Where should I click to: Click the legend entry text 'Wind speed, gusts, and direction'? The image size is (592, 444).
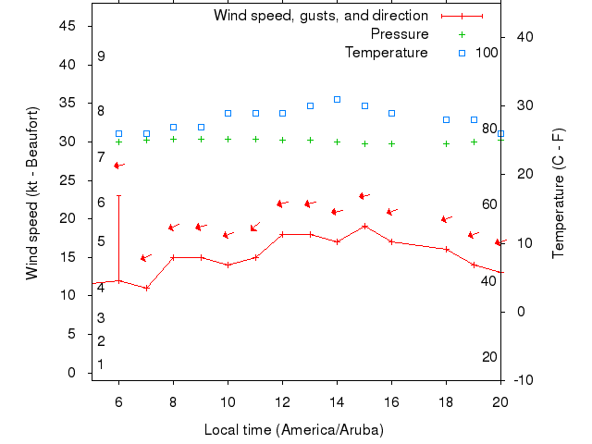320,16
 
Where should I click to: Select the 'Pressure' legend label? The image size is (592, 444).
400,34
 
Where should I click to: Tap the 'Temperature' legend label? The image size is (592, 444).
387,53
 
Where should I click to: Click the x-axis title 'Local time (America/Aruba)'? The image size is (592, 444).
294,430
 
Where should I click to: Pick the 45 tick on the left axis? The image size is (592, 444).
68,26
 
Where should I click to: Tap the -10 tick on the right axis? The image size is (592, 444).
522,380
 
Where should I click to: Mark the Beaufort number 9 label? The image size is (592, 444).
101,56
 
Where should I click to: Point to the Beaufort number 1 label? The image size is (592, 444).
101,364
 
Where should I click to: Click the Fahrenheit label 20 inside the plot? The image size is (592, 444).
489,357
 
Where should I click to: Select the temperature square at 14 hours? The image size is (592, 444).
337,99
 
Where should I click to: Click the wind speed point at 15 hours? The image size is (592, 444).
364,226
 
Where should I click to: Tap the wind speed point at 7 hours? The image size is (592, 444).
146,288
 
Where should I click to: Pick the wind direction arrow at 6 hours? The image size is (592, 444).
117,166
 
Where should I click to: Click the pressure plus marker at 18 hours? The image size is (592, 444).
446,143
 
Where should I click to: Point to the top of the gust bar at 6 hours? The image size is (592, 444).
118,195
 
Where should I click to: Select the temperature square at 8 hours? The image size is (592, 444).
173,127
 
